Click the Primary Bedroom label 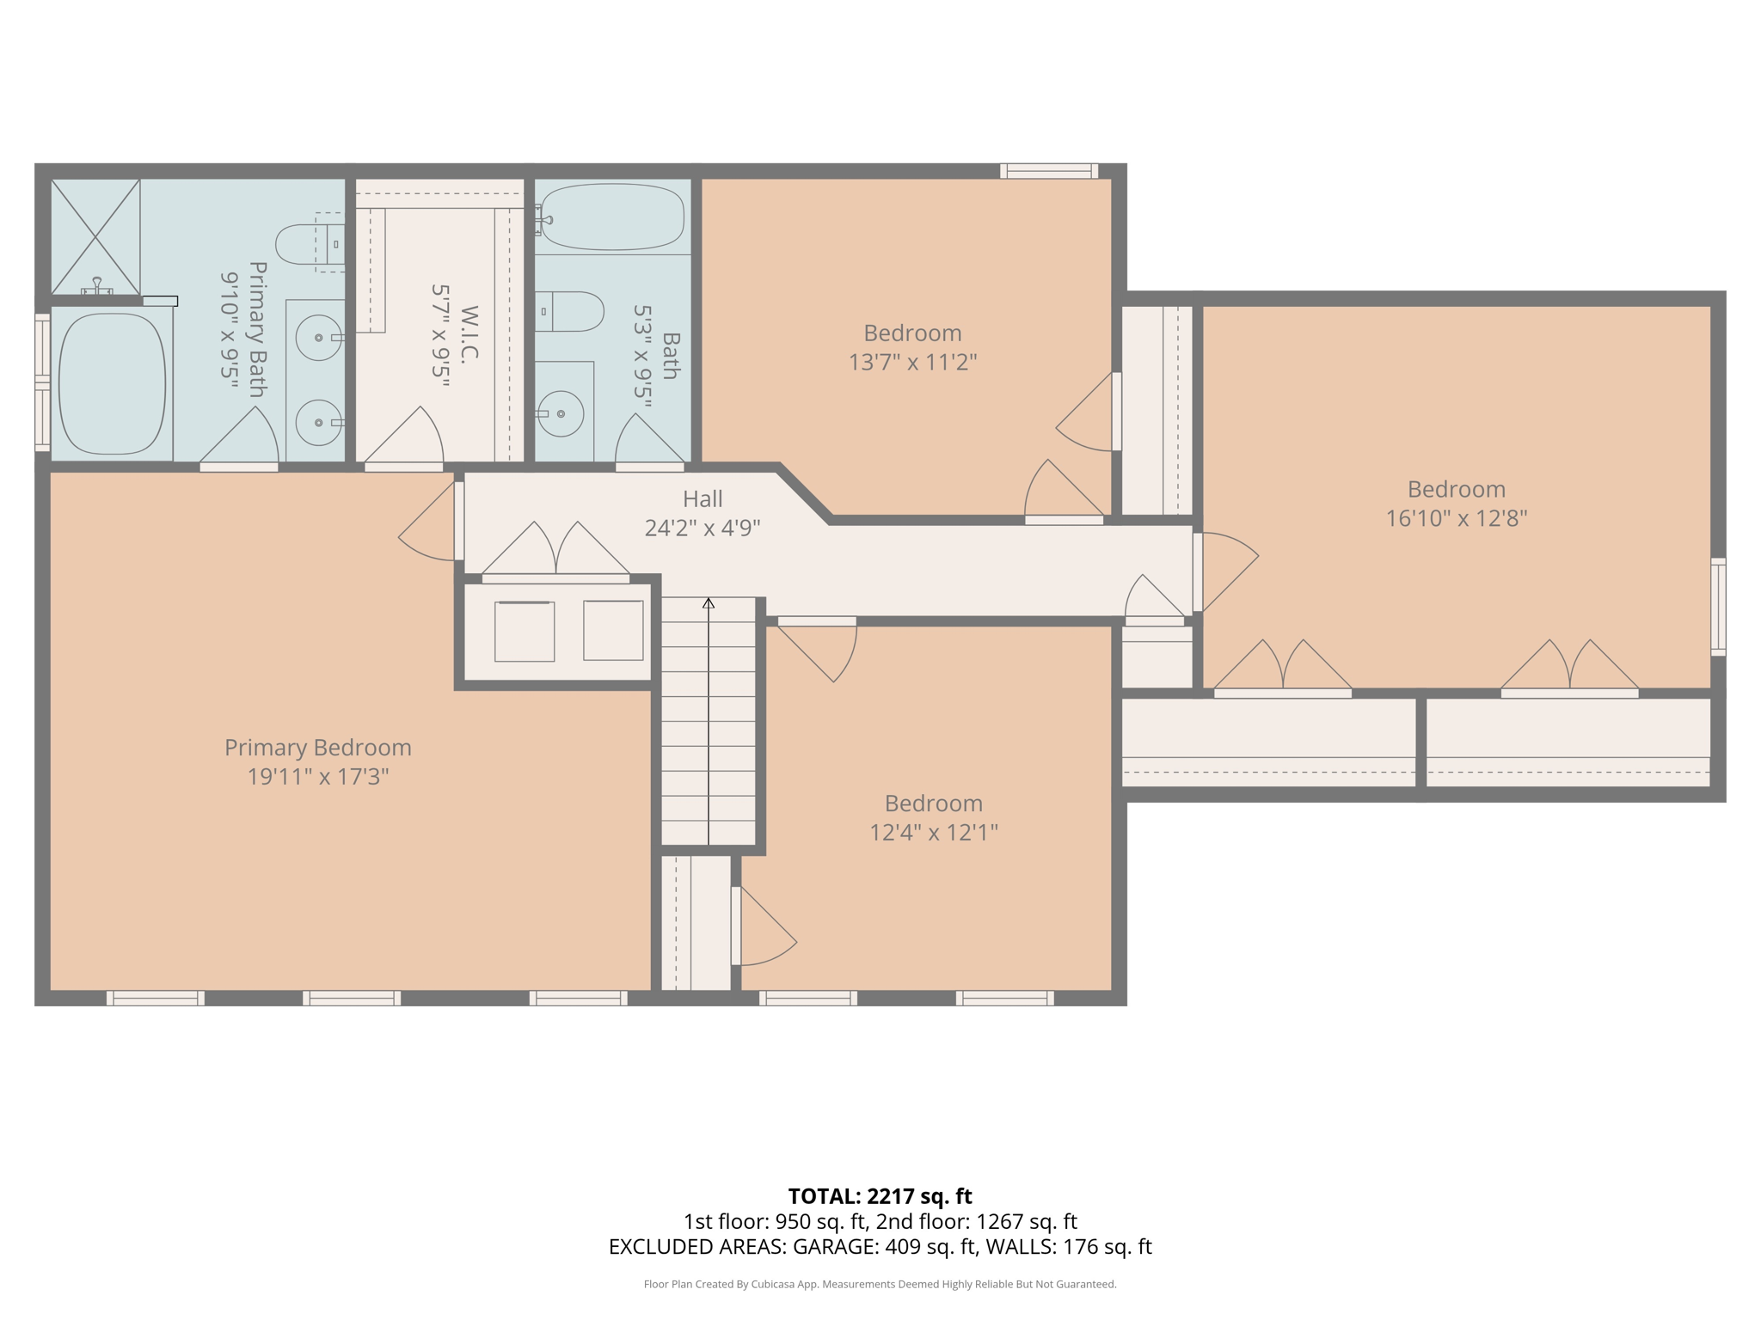coord(317,748)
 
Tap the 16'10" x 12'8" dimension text coord(1456,518)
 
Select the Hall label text coord(703,498)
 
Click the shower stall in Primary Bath coord(95,236)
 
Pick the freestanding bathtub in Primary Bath coord(112,384)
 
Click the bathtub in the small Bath coord(612,217)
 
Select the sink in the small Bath coord(561,413)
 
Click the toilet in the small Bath coord(569,311)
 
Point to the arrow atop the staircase coord(708,603)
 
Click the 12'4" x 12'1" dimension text coord(933,832)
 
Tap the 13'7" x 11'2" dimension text coord(912,362)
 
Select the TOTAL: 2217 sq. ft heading coord(880,1195)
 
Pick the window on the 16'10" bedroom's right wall coord(1717,607)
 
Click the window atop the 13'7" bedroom coord(1048,171)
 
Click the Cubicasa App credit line coord(880,1284)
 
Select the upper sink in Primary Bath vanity coord(318,338)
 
